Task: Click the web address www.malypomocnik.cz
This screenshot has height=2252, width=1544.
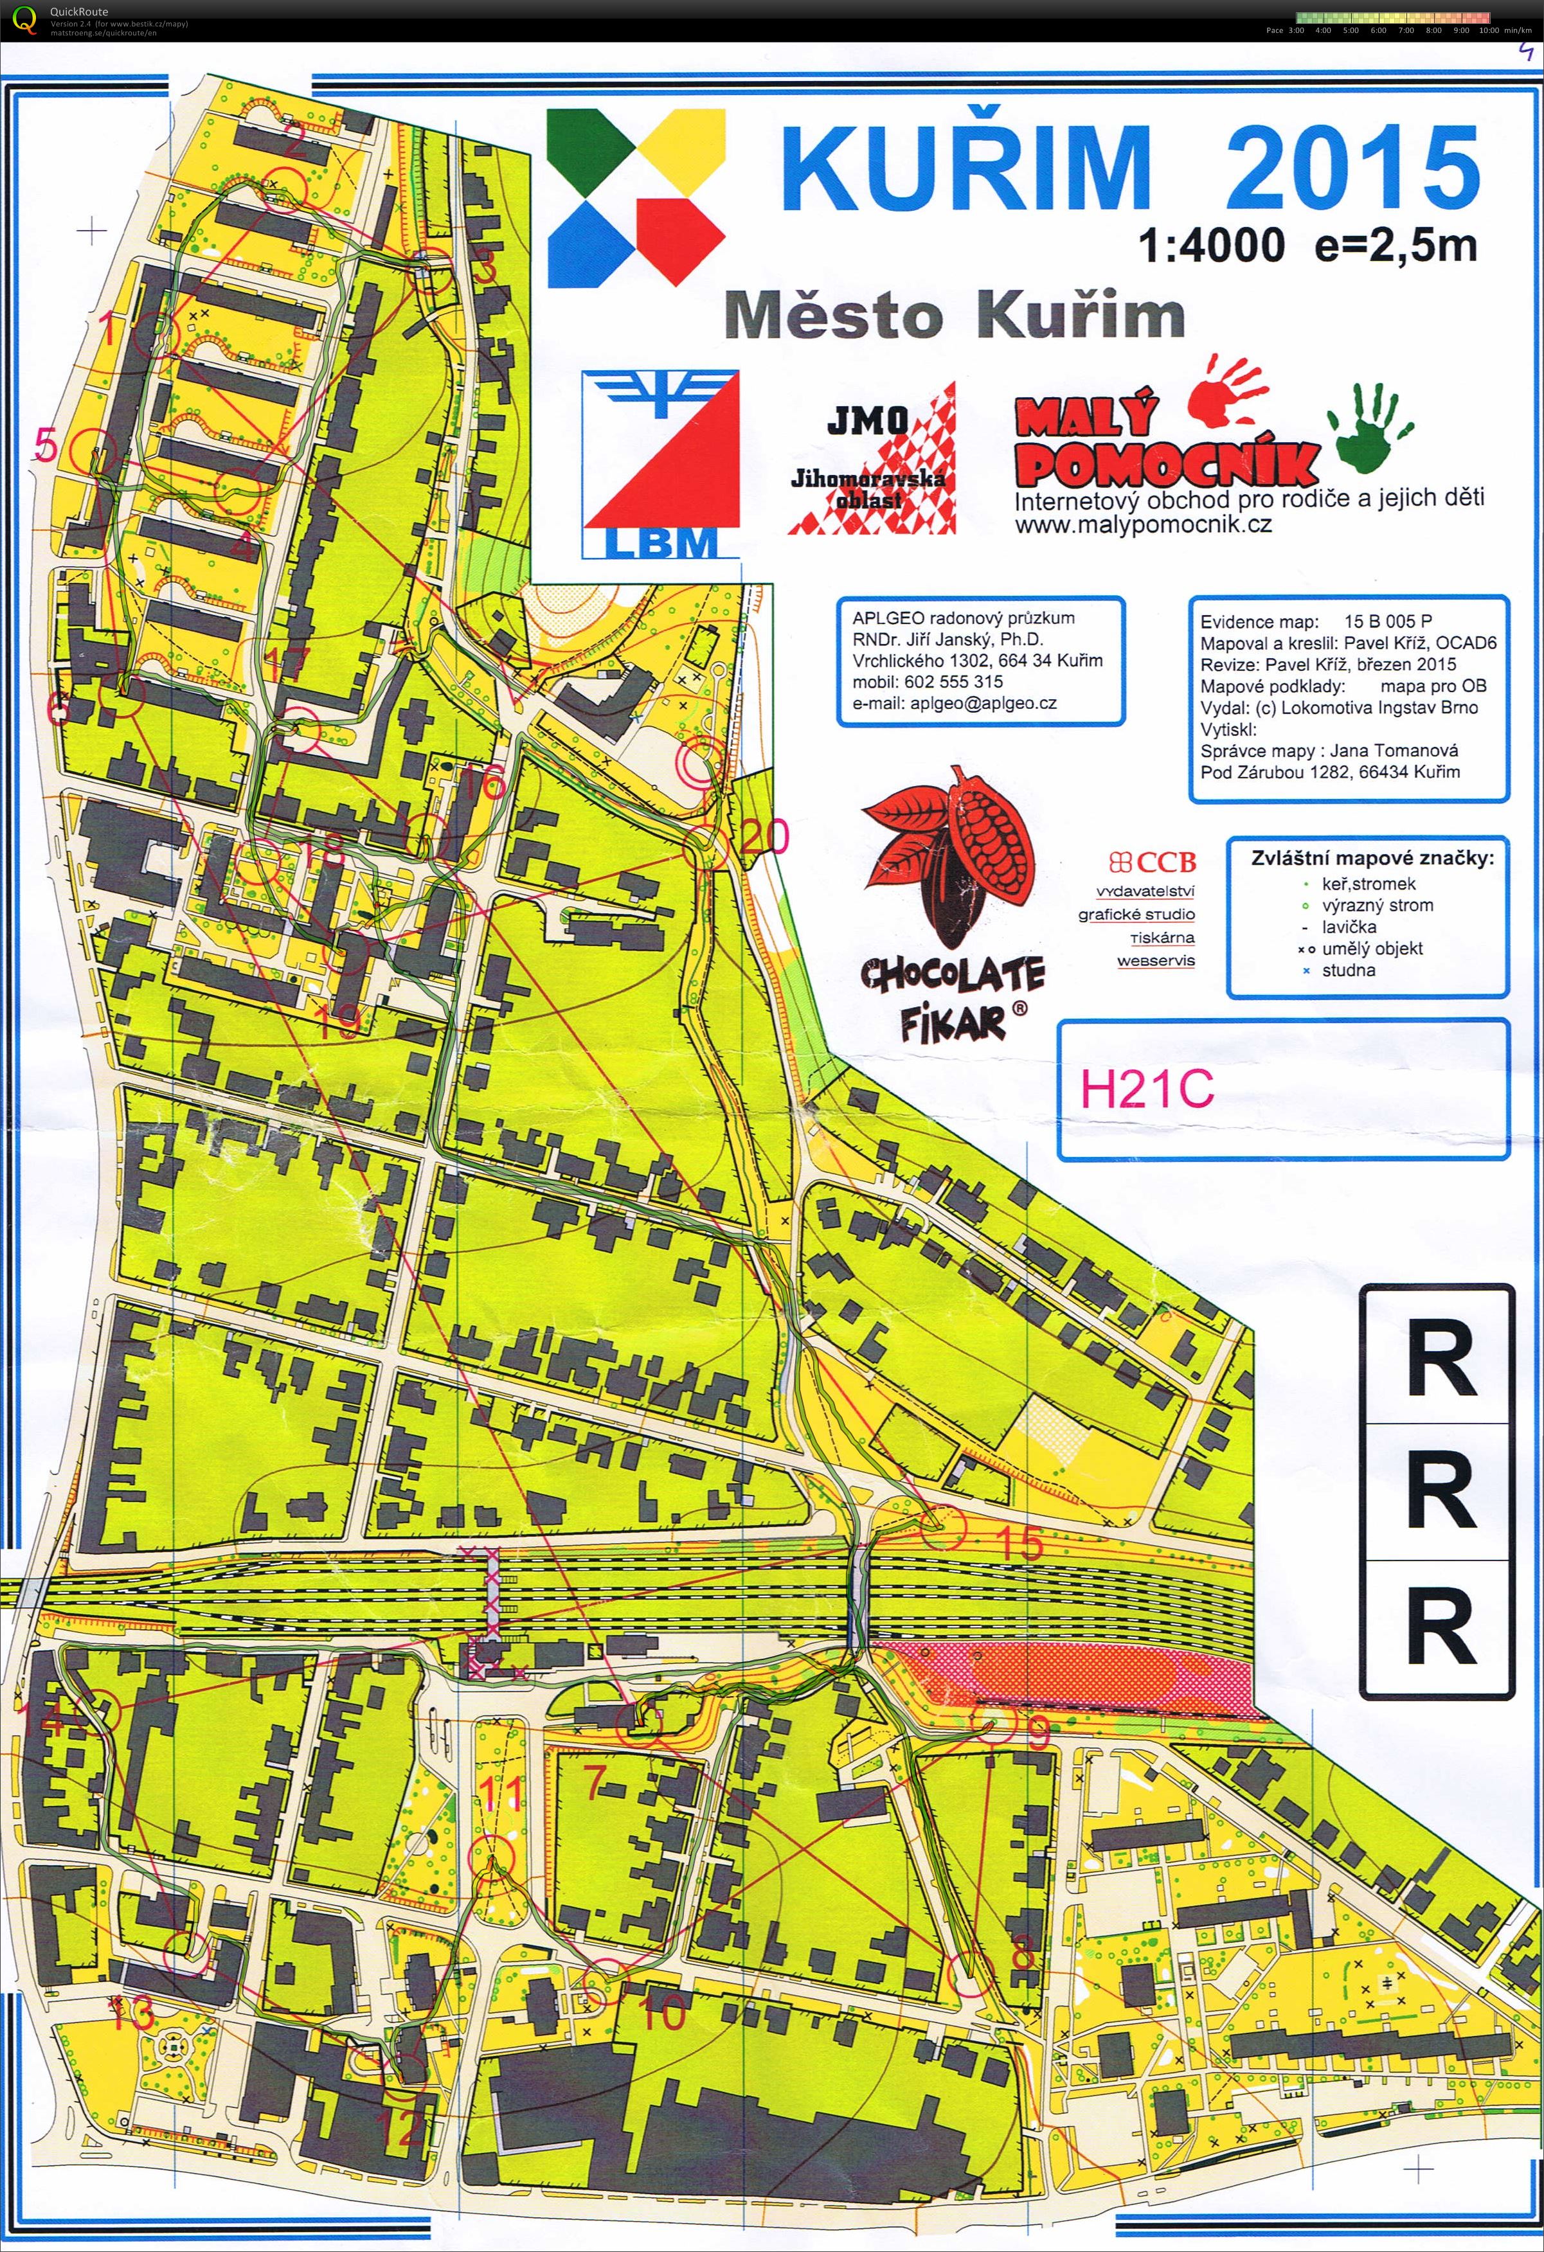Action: click(x=1143, y=525)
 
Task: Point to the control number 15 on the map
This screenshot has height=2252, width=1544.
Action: click(x=1019, y=1542)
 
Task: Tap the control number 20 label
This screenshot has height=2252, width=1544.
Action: click(x=765, y=836)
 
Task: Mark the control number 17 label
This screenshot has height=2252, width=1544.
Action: click(x=287, y=665)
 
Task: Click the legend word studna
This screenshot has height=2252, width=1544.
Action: click(x=1348, y=970)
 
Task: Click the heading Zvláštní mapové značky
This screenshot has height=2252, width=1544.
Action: click(x=1372, y=857)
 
